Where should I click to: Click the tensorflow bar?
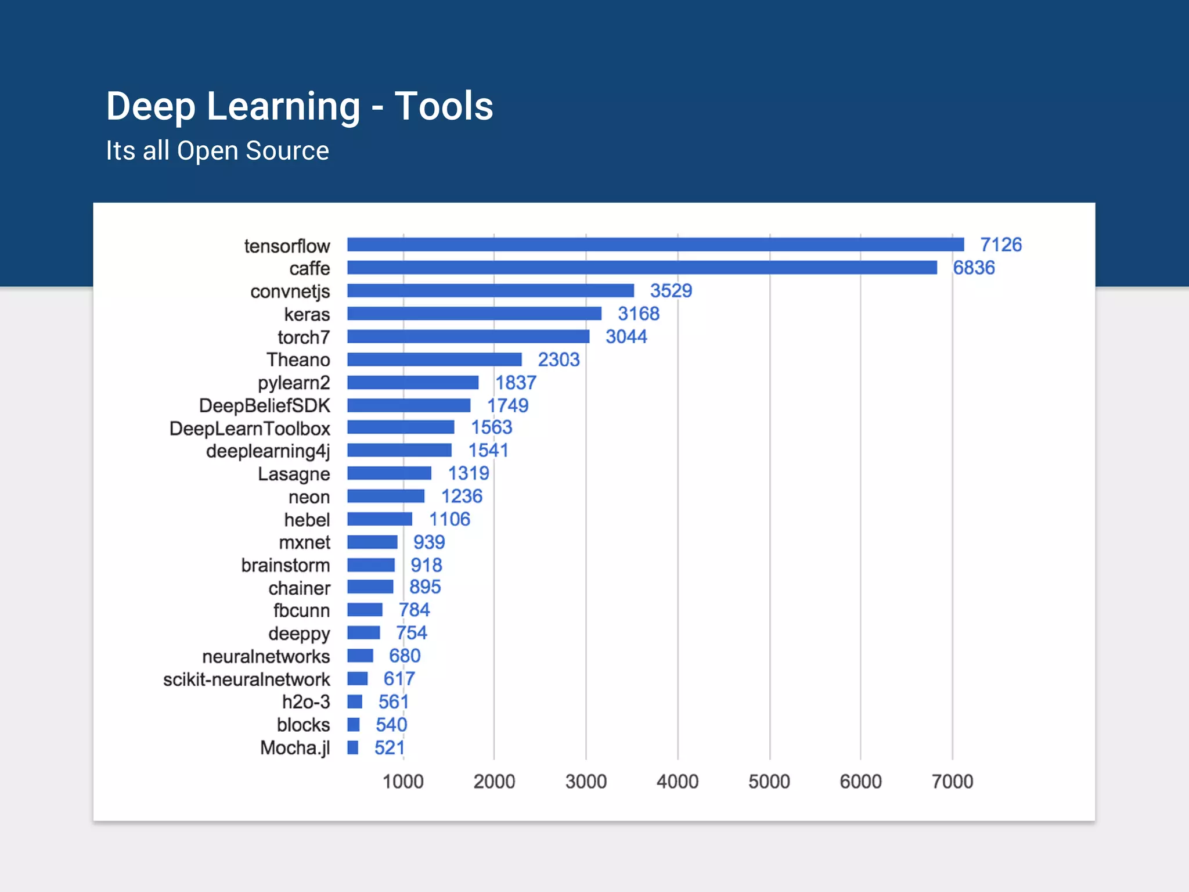[655, 244]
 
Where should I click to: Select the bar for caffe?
[642, 268]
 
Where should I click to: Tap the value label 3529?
[671, 290]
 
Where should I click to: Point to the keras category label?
[307, 314]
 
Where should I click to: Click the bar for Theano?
[434, 359]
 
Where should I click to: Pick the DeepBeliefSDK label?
[264, 405]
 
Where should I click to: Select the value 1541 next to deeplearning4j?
[488, 450]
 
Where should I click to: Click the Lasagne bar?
[389, 473]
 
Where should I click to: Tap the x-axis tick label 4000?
[677, 782]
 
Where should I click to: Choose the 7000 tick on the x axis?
[952, 782]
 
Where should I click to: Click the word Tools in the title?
[444, 106]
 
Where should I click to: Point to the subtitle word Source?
[287, 151]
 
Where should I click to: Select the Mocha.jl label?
[294, 748]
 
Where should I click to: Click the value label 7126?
[1001, 244]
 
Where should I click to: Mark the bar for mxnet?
[372, 542]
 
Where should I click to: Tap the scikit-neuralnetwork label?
[246, 679]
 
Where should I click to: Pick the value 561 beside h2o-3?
[393, 702]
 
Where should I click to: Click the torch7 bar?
[468, 337]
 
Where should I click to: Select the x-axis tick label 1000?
[403, 782]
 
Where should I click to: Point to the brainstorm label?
[285, 565]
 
